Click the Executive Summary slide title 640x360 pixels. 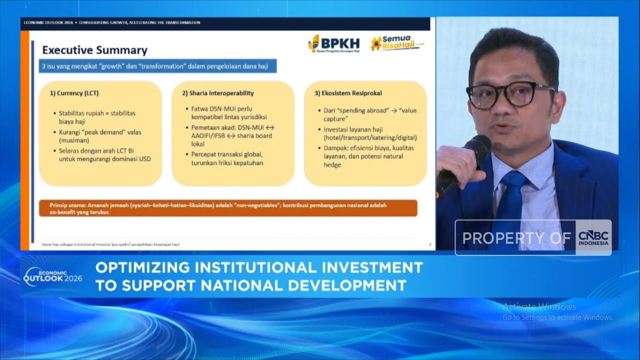pyautogui.click(x=94, y=50)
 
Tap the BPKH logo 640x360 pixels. pyautogui.click(x=333, y=43)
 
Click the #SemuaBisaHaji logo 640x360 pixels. pyautogui.click(x=396, y=43)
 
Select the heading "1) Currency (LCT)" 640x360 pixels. pyautogui.click(x=74, y=93)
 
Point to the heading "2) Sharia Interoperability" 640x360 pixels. pyautogui.click(x=217, y=93)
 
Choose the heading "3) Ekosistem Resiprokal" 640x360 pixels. pyautogui.click(x=348, y=93)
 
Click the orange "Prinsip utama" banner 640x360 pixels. pyautogui.click(x=228, y=208)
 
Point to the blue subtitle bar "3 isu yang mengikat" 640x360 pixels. pyautogui.click(x=157, y=66)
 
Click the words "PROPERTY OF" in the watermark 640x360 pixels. pyautogui.click(x=516, y=238)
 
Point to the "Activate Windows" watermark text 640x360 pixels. pyautogui.click(x=539, y=307)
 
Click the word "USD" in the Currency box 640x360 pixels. pyautogui.click(x=144, y=159)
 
